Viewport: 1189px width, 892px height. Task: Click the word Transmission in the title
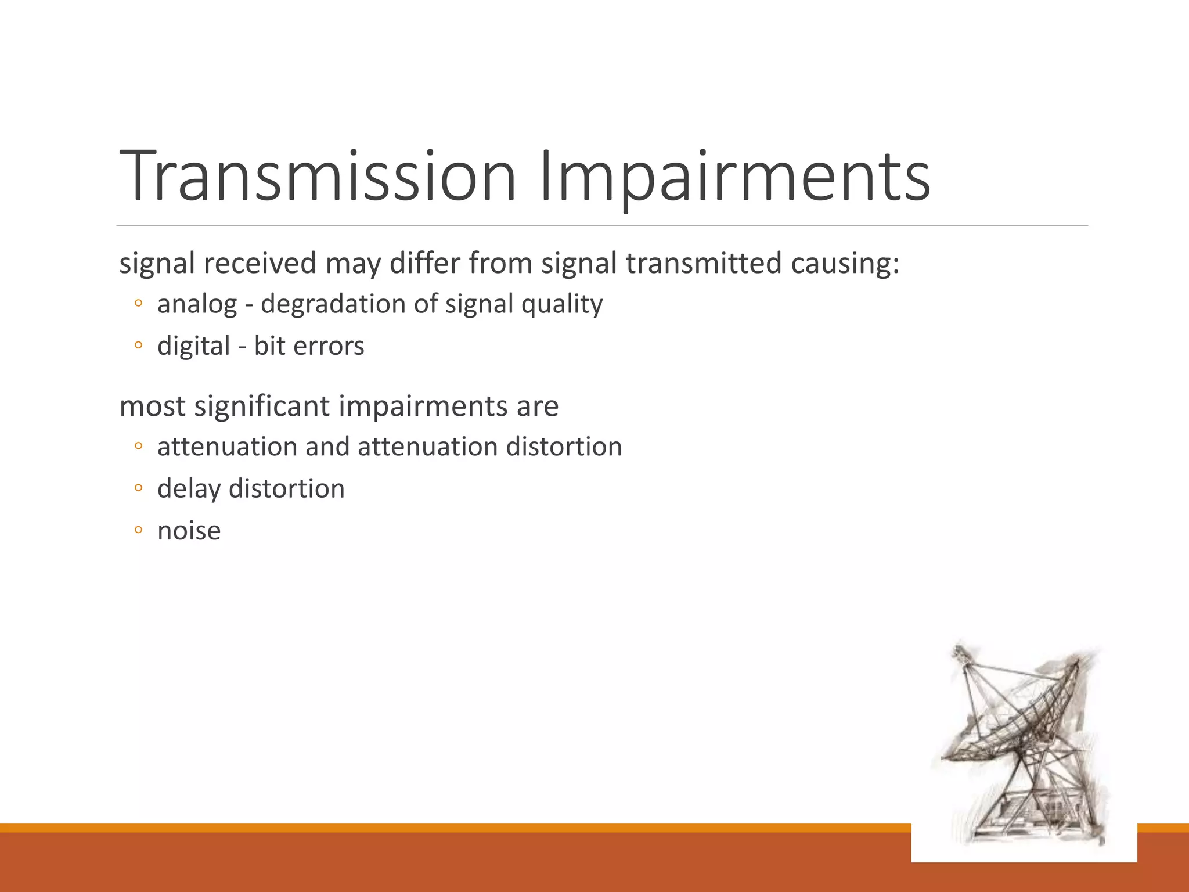click(317, 176)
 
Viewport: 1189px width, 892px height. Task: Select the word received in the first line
click(260, 263)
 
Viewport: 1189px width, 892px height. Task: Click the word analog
click(197, 304)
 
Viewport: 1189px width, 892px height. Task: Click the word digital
click(193, 347)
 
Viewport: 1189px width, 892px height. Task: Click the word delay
click(189, 489)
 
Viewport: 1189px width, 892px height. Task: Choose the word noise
click(189, 531)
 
